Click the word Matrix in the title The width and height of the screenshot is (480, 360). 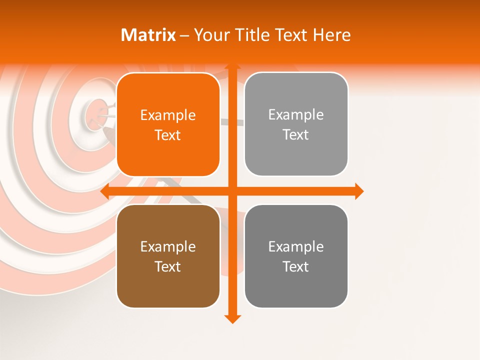(x=148, y=35)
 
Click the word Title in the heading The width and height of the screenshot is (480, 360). (x=252, y=35)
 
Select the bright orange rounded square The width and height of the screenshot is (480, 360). (x=168, y=125)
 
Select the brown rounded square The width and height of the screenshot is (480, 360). (x=168, y=256)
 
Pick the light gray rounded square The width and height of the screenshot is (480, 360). (x=296, y=124)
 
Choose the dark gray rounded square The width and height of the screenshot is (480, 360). (x=296, y=256)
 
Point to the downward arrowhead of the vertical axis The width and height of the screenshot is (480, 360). (x=231, y=318)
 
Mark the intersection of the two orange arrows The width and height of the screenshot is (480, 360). (x=231, y=191)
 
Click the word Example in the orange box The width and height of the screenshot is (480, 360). (x=168, y=115)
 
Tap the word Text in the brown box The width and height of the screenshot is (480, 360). (x=168, y=266)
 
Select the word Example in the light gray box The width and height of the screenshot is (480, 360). (x=296, y=114)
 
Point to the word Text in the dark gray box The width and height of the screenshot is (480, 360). (x=296, y=266)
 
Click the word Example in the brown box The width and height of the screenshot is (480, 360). (x=168, y=246)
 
